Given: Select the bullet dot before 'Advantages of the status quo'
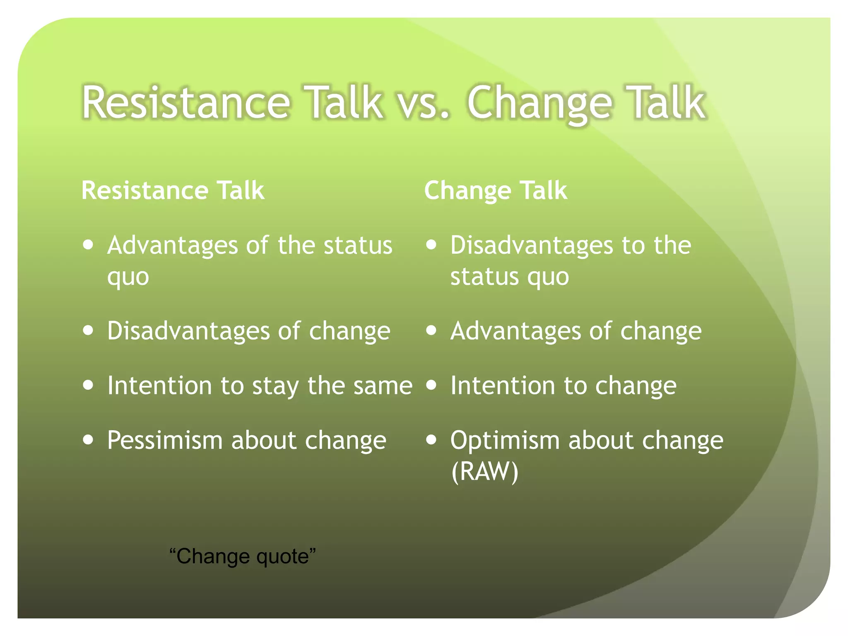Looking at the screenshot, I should [x=88, y=244].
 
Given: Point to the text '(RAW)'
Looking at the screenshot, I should [x=484, y=471].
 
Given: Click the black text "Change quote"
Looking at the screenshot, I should [x=243, y=556].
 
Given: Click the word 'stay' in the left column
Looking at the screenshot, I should [x=275, y=386].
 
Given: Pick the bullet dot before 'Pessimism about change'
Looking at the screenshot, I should [x=88, y=440].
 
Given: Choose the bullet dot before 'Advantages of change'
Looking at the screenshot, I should [x=431, y=330].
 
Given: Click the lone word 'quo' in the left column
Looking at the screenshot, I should [x=128, y=277].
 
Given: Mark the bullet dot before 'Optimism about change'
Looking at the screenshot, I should [x=431, y=440].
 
